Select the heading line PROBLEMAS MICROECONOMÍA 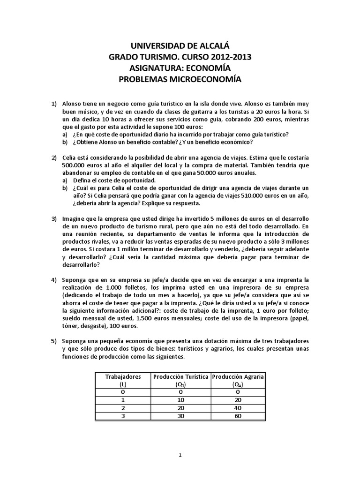[x=180, y=80]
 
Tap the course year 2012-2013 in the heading [x=229, y=57]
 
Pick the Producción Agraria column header [x=238, y=376]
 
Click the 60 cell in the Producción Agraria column [x=238, y=416]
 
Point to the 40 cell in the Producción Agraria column [x=238, y=408]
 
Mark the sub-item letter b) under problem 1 [x=66, y=142]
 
